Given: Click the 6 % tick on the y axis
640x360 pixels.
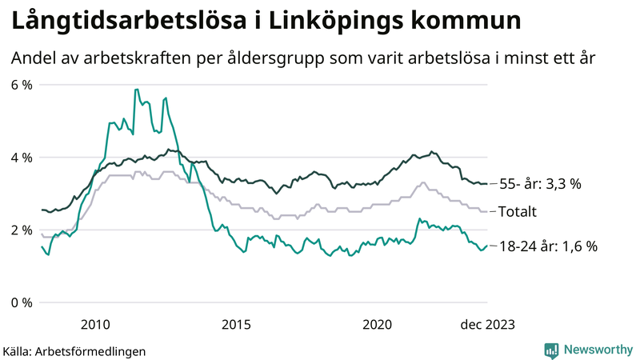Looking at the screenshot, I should (21, 85).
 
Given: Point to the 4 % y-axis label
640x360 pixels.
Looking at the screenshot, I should (21, 158).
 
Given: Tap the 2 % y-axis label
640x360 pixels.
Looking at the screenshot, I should (21, 230).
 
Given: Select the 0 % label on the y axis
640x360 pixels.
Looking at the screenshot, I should (21, 302).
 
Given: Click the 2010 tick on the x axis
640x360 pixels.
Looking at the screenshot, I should (95, 324).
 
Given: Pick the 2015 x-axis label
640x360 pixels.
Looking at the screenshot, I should (236, 324).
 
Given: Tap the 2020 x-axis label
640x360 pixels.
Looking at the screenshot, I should (377, 324).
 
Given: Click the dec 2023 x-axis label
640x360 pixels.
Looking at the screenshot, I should (487, 324).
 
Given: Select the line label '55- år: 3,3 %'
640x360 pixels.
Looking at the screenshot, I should (539, 184).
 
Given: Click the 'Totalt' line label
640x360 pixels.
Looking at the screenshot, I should (517, 211).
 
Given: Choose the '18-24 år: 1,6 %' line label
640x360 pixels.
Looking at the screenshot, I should (547, 246).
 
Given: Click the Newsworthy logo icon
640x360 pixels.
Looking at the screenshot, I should (551, 350).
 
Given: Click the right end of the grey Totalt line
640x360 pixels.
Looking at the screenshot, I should (486, 211).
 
